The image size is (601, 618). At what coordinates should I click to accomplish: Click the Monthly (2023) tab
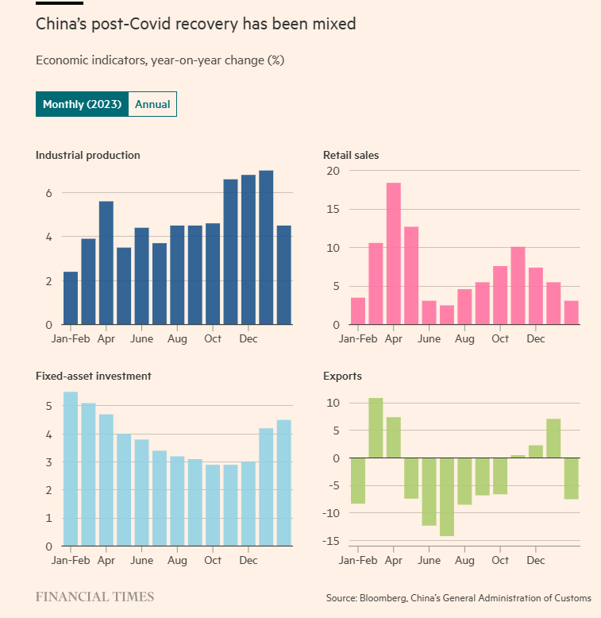click(x=82, y=105)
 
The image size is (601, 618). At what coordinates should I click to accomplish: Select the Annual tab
click(x=152, y=105)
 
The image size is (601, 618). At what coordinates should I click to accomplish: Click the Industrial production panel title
click(x=87, y=155)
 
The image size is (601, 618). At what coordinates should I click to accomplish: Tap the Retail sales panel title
click(x=351, y=155)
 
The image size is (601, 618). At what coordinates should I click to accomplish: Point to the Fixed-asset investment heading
click(x=94, y=376)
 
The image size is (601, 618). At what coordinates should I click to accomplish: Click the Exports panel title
click(x=341, y=376)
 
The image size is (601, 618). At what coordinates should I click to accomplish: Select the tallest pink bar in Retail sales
click(x=393, y=253)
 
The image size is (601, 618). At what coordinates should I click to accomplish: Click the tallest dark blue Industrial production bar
click(x=266, y=246)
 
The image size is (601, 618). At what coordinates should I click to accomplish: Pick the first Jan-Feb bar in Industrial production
click(x=71, y=298)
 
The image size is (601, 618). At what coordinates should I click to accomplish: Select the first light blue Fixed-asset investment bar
click(x=71, y=469)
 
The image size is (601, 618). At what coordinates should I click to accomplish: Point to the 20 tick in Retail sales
click(x=333, y=171)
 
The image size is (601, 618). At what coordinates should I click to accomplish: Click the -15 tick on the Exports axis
click(x=331, y=541)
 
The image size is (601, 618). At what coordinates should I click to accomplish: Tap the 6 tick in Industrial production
click(x=48, y=193)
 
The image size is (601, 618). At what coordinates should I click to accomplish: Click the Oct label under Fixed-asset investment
click(x=212, y=560)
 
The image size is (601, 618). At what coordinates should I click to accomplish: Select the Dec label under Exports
click(x=536, y=560)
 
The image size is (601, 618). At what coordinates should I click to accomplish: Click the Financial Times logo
click(x=94, y=597)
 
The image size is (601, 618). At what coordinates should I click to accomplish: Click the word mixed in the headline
click(x=334, y=25)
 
